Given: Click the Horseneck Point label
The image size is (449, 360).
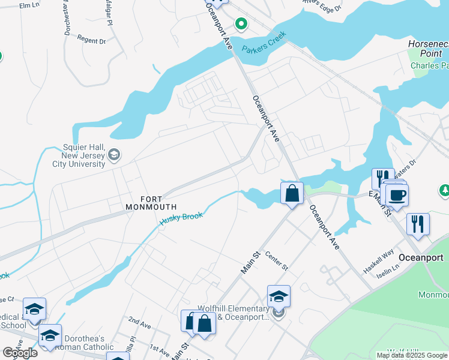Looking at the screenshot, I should click(428, 49).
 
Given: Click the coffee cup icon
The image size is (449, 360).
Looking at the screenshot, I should click(396, 194).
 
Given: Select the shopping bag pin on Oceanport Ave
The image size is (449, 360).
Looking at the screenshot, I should click(292, 194).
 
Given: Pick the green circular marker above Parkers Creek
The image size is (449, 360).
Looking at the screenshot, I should click(241, 25).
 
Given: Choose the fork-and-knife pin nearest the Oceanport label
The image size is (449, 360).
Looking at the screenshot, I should click(418, 224).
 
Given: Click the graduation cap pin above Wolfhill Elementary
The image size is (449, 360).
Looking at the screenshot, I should click(279, 297).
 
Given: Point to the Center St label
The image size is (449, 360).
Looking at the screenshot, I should click(277, 260).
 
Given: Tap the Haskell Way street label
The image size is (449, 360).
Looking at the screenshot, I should click(379, 262).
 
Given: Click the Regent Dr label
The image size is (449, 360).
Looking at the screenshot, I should click(92, 41).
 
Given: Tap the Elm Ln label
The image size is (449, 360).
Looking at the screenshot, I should click(28, 5).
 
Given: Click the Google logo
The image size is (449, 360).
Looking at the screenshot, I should click(20, 353).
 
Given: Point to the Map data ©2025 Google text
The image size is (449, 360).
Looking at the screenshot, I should click(412, 355).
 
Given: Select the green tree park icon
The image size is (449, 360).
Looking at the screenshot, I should click(444, 190).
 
